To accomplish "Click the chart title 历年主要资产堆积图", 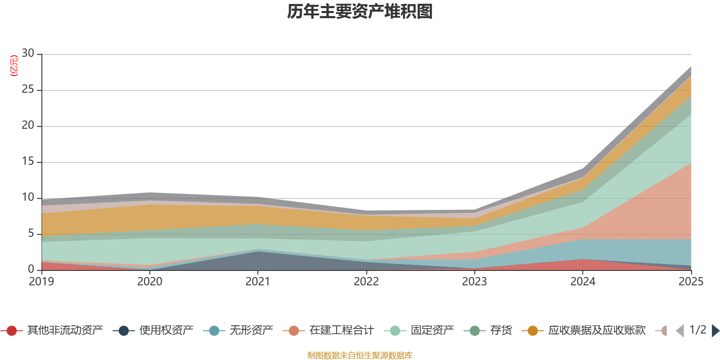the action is coord(360,12).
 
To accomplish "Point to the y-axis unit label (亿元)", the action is coord(14,66).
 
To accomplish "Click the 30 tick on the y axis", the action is coord(28,53).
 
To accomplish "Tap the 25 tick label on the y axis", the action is coord(28,89).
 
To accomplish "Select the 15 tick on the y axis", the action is coord(28,161).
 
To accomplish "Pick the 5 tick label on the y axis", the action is coord(31,233).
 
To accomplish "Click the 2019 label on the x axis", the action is coord(41,282).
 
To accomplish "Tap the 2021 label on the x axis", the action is coord(258,282).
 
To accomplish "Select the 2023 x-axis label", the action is coord(474,282).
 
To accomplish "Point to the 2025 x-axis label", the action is coord(691,282).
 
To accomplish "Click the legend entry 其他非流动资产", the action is coord(52,330).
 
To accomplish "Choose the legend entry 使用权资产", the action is coord(153,330).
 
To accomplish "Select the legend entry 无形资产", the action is coord(238,330).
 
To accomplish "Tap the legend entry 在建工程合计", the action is coord(328,330).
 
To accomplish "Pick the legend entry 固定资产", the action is coord(419,330).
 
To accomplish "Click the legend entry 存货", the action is coord(488,330).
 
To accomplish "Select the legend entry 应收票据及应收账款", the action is coord(584,330).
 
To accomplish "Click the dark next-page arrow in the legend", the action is coord(715,331).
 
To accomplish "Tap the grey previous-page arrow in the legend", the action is coord(680,331).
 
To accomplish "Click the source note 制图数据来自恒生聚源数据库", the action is coord(360,355).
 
